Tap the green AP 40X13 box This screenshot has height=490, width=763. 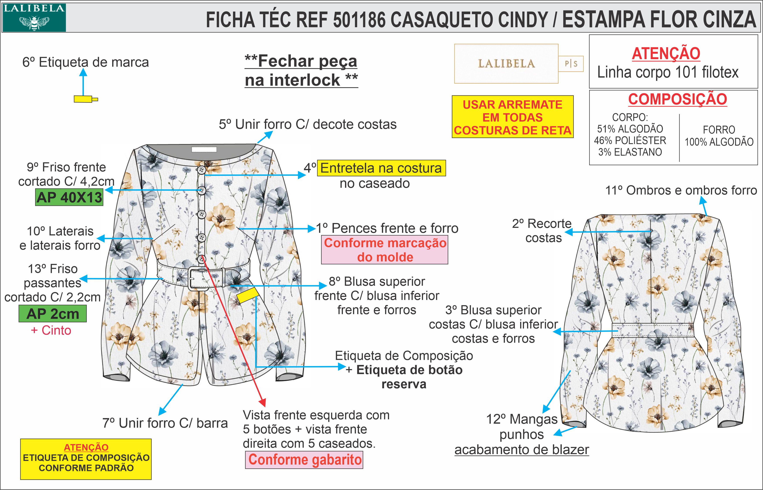(x=69, y=198)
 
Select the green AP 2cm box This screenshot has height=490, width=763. (x=52, y=314)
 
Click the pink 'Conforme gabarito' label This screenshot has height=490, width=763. (x=304, y=460)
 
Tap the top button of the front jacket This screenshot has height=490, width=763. (x=201, y=170)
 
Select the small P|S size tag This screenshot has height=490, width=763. (x=571, y=64)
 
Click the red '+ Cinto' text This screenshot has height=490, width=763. (x=51, y=331)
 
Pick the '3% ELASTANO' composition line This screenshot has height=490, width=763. (x=630, y=152)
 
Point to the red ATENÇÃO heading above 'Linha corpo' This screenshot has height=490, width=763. (x=666, y=53)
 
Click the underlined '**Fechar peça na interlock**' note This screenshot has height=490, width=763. (x=301, y=71)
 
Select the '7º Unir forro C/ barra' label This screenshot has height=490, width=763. (x=165, y=423)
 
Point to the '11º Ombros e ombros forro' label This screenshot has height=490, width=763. (x=681, y=191)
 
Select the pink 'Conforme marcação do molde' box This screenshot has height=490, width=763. (x=384, y=250)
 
